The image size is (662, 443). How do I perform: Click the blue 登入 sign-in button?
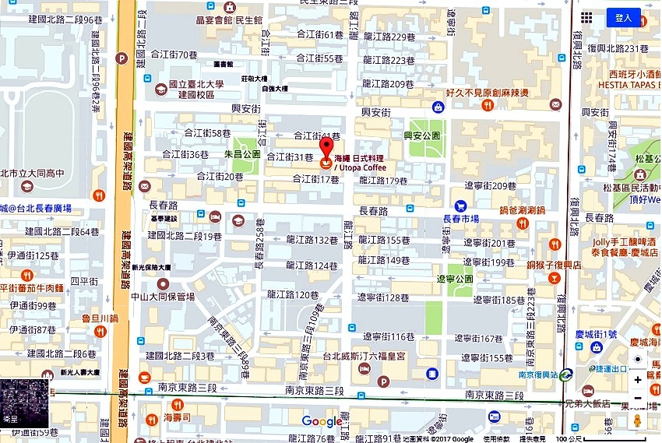click(x=623, y=18)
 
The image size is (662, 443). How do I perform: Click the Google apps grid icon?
click(x=586, y=18)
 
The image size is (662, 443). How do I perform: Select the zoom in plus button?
click(x=638, y=380)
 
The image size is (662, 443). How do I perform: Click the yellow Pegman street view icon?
click(x=638, y=421)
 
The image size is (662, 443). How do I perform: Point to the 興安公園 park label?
click(x=421, y=135)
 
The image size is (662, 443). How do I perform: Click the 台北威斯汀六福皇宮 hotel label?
click(x=364, y=357)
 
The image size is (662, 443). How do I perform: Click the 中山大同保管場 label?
click(x=163, y=296)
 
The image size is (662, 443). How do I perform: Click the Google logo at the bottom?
click(x=322, y=421)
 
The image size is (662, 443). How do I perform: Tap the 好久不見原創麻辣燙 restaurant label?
click(x=488, y=93)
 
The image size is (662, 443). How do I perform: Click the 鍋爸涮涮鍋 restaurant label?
click(x=525, y=210)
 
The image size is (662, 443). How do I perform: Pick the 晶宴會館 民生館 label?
click(x=229, y=20)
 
